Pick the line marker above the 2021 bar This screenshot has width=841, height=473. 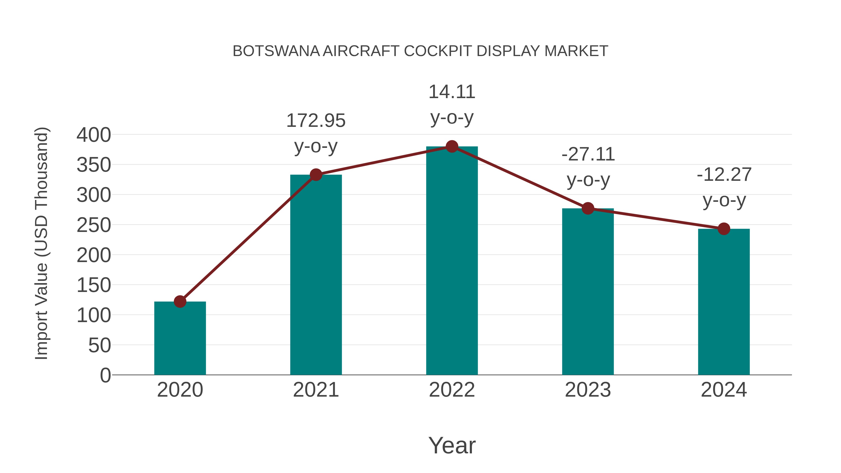pyautogui.click(x=316, y=175)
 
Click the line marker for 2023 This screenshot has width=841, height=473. pyautogui.click(x=588, y=208)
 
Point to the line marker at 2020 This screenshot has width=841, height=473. pyautogui.click(x=180, y=301)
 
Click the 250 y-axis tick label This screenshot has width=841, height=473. pyautogui.click(x=94, y=225)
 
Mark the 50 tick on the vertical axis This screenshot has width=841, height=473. pyautogui.click(x=100, y=345)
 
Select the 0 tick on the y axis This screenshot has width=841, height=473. pyautogui.click(x=105, y=375)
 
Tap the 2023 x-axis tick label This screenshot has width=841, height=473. pyautogui.click(x=588, y=390)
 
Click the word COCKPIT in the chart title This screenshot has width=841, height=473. pyautogui.click(x=438, y=51)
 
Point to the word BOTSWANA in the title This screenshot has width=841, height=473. pyautogui.click(x=276, y=51)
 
